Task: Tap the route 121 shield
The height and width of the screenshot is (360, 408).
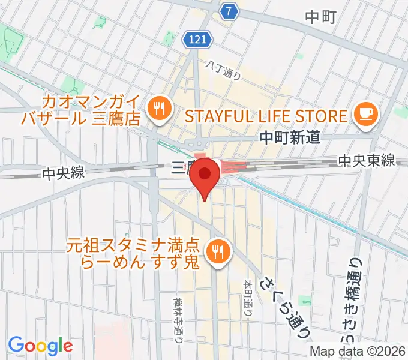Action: pyautogui.click(x=198, y=39)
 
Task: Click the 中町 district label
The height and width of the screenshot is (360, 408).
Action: pyautogui.click(x=323, y=17)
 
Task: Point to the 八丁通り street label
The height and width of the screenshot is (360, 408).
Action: pyautogui.click(x=223, y=71)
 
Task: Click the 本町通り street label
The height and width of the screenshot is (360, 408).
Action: pyautogui.click(x=247, y=297)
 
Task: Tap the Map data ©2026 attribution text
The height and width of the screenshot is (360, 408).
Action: pyautogui.click(x=358, y=351)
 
